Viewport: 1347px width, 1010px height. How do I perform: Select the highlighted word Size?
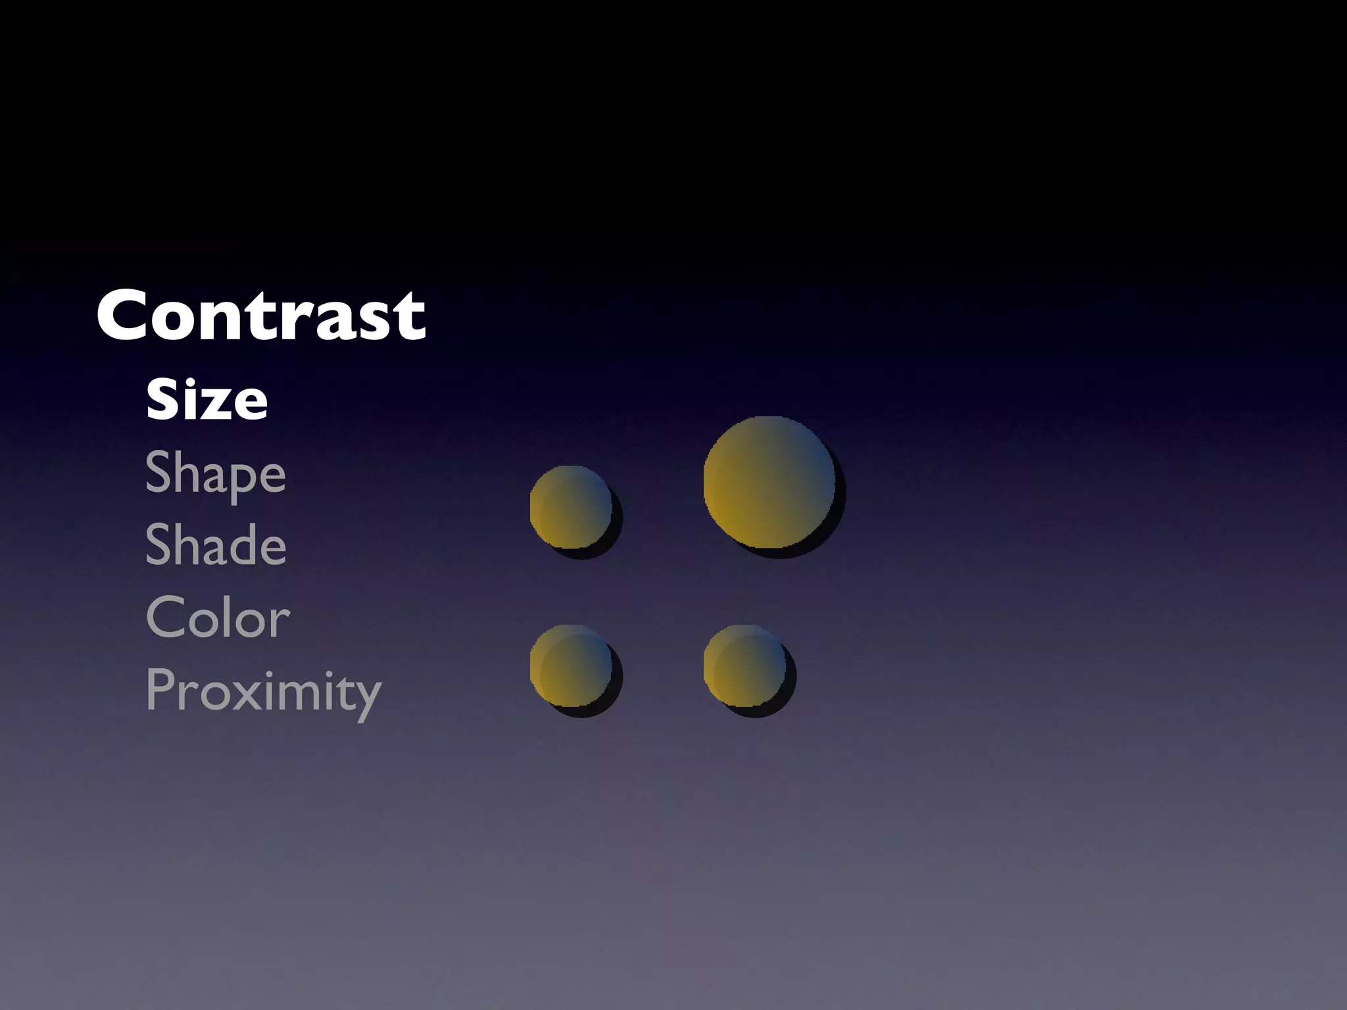pyautogui.click(x=207, y=400)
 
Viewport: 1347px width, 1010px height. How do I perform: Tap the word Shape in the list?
pyautogui.click(x=215, y=473)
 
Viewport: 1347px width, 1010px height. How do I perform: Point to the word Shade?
pyautogui.click(x=215, y=545)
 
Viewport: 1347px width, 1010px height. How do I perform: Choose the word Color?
pyautogui.click(x=218, y=618)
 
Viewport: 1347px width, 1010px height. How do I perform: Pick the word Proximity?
pyautogui.click(x=263, y=692)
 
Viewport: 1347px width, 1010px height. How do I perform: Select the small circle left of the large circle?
pyautogui.click(x=571, y=507)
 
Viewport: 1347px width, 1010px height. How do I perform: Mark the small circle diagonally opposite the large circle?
pyautogui.click(x=571, y=665)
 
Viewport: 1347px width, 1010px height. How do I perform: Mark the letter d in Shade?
pyautogui.click(x=241, y=545)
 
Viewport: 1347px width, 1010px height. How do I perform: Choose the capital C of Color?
pyautogui.click(x=164, y=618)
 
